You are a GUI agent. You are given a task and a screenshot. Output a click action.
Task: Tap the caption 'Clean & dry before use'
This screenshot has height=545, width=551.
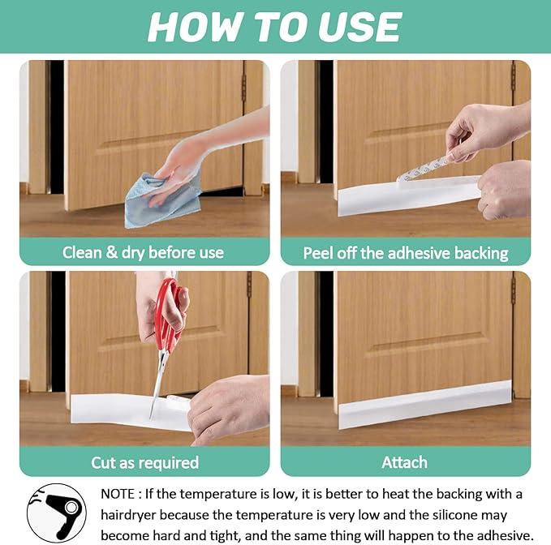pyautogui.click(x=143, y=252)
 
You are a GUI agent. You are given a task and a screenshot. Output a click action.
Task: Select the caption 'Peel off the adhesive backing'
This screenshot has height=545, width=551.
pyautogui.click(x=405, y=252)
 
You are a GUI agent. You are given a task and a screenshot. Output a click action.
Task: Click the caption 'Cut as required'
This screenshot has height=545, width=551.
pyautogui.click(x=144, y=463)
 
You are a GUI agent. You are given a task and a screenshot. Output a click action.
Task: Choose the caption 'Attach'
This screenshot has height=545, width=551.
pyautogui.click(x=404, y=463)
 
